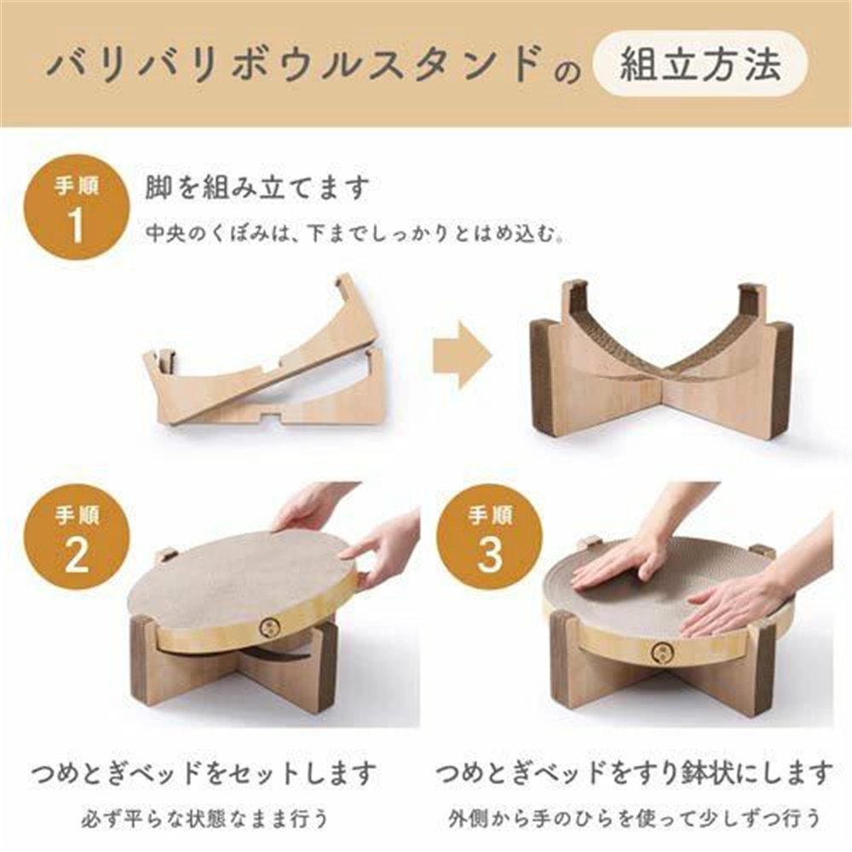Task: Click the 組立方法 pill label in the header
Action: [700, 64]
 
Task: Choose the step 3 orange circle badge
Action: [490, 536]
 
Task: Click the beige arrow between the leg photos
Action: [463, 355]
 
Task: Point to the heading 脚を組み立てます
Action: [257, 187]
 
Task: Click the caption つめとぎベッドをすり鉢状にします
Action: [634, 772]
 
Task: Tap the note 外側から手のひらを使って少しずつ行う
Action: [634, 818]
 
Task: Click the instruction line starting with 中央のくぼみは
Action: [354, 234]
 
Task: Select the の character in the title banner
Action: [567, 72]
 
